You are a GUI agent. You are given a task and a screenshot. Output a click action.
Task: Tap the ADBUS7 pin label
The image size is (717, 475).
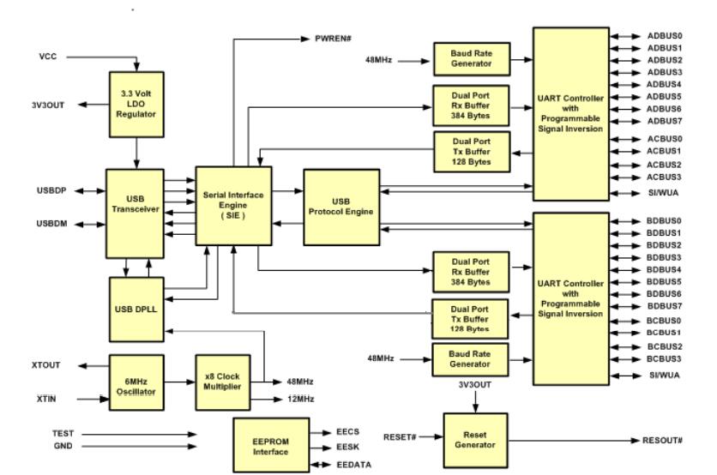pos(664,120)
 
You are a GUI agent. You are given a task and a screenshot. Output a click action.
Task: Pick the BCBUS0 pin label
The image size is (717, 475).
pos(664,320)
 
